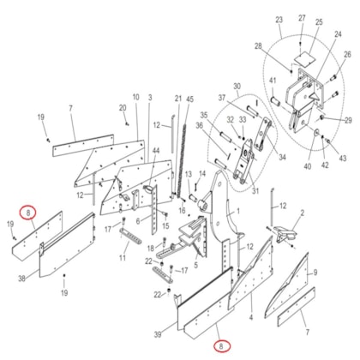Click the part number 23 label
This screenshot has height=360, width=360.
(x=279, y=20)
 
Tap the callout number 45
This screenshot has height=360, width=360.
(x=189, y=99)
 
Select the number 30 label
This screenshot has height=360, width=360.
(x=237, y=87)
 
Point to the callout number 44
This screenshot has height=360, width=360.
(x=155, y=151)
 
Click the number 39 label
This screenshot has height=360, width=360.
(x=158, y=334)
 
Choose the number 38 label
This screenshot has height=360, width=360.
(x=21, y=279)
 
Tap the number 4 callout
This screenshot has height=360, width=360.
(x=251, y=317)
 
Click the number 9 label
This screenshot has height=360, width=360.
(x=315, y=273)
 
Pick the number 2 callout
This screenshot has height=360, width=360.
(x=303, y=213)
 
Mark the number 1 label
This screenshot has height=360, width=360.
(x=238, y=211)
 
